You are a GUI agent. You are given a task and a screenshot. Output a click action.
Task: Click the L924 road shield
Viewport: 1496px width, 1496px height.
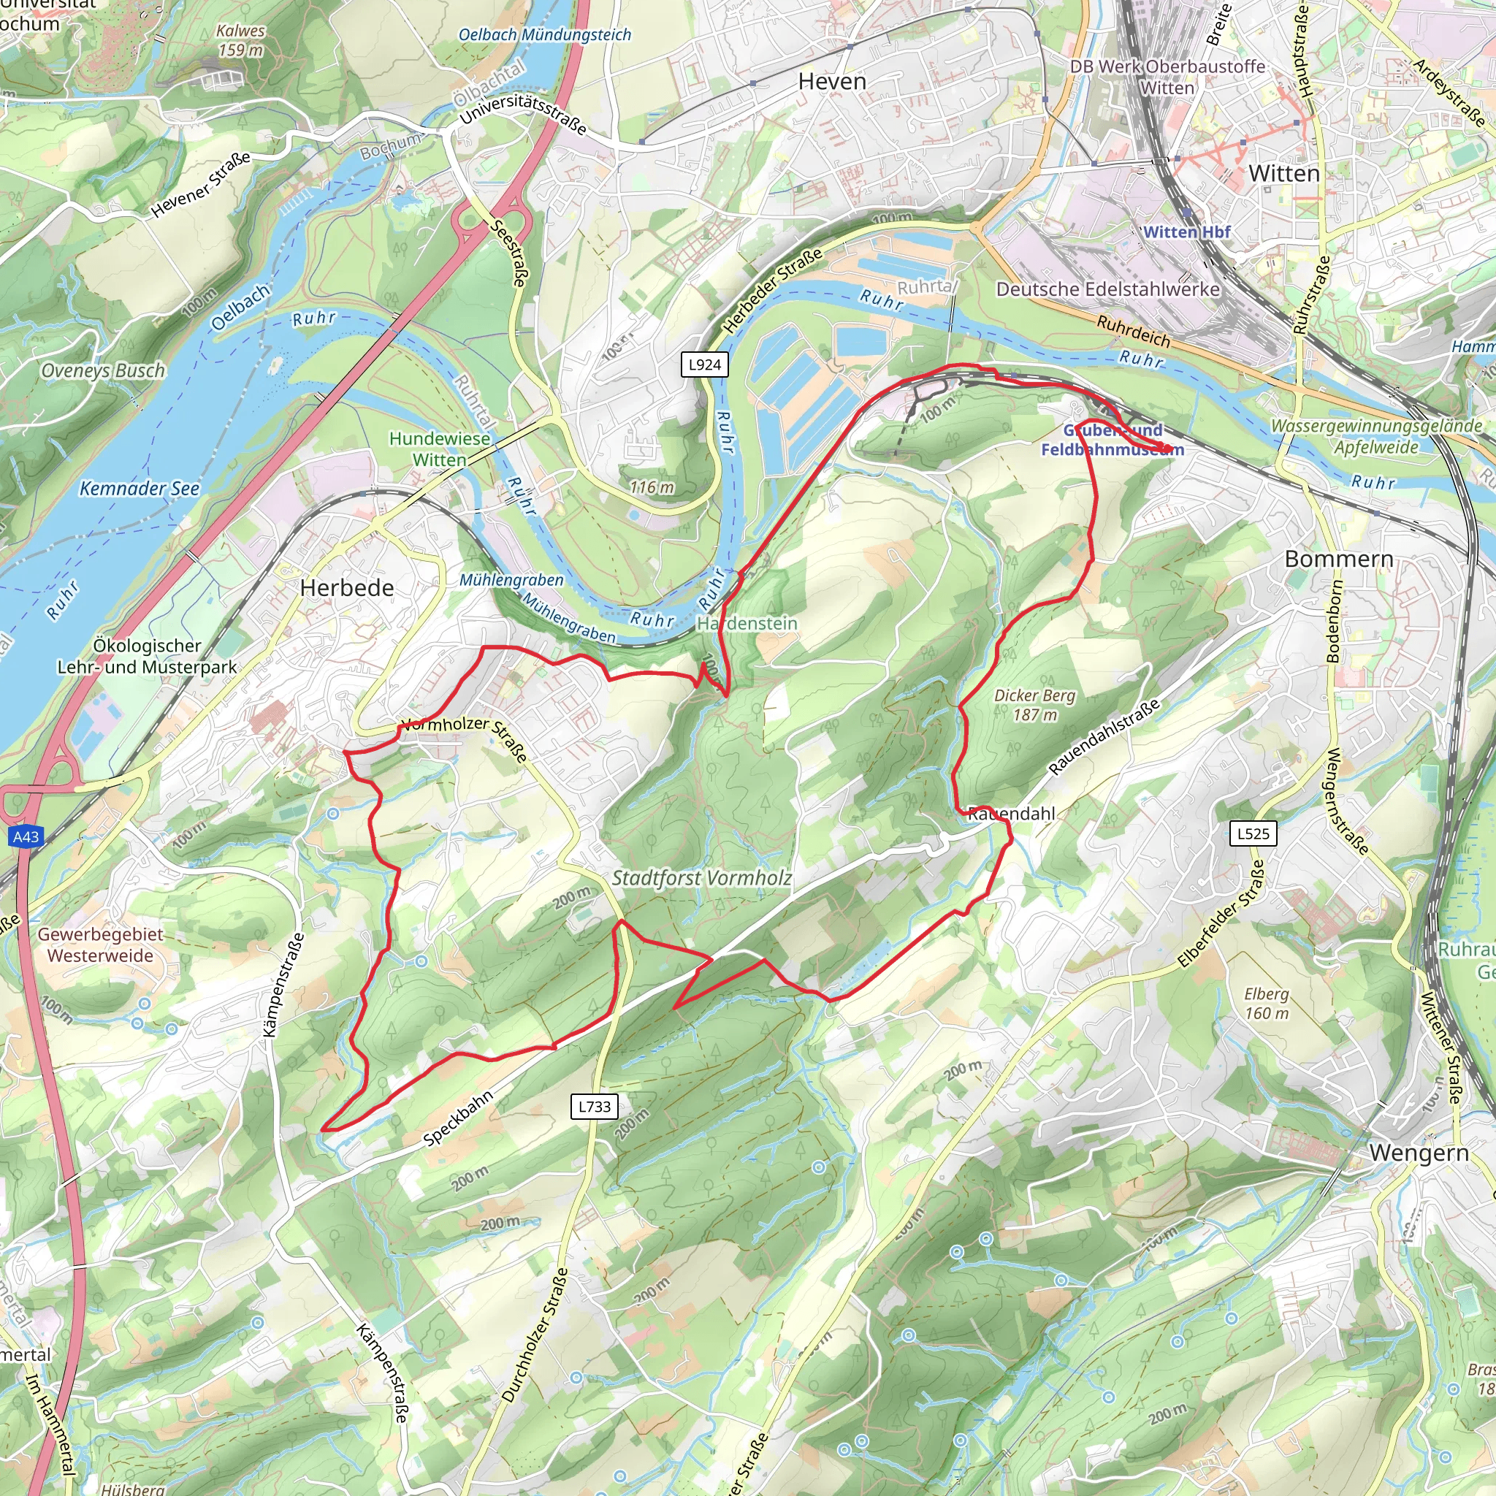click(x=704, y=365)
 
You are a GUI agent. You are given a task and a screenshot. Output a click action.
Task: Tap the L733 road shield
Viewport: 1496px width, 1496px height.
click(x=595, y=1107)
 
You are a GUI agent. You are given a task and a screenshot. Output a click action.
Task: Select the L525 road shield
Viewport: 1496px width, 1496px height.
click(x=1253, y=833)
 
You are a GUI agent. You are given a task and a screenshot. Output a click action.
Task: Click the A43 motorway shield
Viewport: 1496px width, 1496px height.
click(x=26, y=836)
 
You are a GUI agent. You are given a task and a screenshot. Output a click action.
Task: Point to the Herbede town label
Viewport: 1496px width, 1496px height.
click(x=347, y=588)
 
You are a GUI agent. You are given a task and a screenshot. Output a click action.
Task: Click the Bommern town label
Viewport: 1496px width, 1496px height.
click(x=1339, y=558)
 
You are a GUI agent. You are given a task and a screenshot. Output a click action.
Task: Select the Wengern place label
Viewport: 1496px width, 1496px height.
click(x=1419, y=1152)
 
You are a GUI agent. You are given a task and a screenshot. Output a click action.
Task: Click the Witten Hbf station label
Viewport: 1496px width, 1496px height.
click(x=1186, y=232)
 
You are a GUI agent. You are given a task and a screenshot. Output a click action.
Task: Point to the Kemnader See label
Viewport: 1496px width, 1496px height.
click(x=140, y=489)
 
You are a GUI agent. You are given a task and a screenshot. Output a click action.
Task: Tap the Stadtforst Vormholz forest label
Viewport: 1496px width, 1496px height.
click(x=701, y=878)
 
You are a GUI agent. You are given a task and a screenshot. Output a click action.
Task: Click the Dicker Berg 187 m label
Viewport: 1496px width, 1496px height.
click(x=1034, y=705)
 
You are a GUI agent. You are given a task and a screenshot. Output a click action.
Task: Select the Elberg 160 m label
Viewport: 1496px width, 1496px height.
click(x=1266, y=1004)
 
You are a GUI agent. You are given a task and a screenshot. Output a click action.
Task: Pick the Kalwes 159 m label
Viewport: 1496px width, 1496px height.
click(x=240, y=40)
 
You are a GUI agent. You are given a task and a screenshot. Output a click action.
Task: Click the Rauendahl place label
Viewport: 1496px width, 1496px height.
click(x=1011, y=814)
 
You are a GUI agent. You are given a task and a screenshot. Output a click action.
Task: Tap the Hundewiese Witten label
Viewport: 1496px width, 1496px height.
click(x=439, y=449)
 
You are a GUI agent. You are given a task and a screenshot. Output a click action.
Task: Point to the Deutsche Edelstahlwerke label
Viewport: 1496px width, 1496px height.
click(x=1107, y=289)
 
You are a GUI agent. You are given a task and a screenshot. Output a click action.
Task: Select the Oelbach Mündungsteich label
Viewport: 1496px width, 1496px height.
click(x=544, y=35)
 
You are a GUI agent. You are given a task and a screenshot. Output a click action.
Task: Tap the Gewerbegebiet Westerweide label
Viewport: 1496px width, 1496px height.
click(x=100, y=944)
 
